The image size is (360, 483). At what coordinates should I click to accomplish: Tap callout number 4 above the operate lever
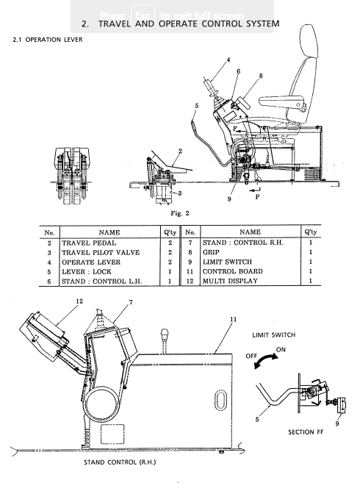point(228,60)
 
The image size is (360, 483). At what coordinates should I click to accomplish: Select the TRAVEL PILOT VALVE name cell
point(101,253)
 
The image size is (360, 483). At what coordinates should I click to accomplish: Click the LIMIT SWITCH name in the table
point(227,262)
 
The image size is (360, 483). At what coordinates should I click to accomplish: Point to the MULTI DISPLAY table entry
point(230,281)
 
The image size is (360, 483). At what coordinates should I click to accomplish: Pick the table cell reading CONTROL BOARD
point(232,271)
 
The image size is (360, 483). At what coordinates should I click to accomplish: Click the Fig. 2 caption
point(180,213)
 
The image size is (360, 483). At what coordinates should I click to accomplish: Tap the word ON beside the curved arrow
point(281,350)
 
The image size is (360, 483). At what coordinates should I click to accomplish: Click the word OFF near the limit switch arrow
point(251,356)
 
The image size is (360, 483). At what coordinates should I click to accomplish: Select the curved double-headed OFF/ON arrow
point(264,359)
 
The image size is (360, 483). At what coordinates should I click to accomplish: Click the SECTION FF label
point(306,432)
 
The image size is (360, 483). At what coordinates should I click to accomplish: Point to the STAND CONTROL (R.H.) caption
point(120,462)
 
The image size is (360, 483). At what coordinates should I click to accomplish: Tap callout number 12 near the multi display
point(79,301)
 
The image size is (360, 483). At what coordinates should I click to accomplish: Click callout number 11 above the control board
point(233,320)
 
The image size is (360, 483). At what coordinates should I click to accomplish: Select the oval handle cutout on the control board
point(220,401)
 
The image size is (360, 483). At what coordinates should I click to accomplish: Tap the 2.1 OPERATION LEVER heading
point(48,40)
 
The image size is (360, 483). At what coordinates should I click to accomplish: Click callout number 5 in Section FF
point(257,419)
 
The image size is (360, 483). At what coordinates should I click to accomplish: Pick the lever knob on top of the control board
point(165,333)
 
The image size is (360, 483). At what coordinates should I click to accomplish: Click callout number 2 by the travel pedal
point(181,151)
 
